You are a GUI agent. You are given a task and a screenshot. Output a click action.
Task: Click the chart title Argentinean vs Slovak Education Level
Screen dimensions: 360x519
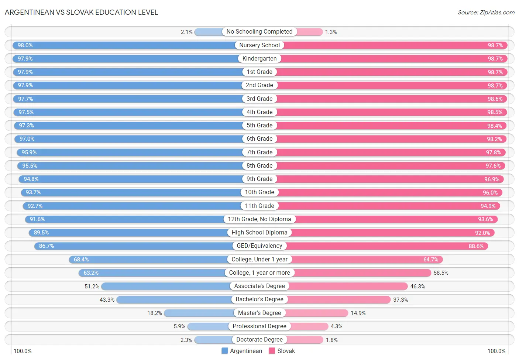click(x=81, y=12)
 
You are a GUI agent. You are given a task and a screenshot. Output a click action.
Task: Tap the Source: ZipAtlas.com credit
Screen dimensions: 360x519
click(x=486, y=13)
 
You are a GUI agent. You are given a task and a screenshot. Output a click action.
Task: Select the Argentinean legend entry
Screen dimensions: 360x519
click(x=242, y=351)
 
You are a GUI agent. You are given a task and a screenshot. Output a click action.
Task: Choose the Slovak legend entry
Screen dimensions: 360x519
click(x=282, y=351)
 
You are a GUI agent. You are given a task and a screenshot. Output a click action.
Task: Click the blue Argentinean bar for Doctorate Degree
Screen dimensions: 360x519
click(x=213, y=340)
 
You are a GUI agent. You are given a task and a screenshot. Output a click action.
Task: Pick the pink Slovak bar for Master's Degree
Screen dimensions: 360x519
click(x=317, y=313)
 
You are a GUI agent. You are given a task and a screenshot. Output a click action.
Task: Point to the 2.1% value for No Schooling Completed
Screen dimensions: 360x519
click(x=186, y=32)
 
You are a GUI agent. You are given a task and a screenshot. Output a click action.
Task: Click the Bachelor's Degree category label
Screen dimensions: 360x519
click(x=259, y=299)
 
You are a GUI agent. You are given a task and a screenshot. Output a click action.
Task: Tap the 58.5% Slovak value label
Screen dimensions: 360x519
click(x=441, y=273)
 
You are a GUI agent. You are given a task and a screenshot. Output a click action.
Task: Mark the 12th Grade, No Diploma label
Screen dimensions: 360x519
click(x=259, y=219)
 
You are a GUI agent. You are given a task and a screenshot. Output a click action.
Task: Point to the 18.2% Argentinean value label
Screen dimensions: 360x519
click(x=154, y=313)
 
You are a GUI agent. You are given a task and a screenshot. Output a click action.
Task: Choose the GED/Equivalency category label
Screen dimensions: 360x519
click(x=259, y=246)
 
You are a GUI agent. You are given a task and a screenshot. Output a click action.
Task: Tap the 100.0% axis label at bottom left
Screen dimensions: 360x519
click(x=23, y=351)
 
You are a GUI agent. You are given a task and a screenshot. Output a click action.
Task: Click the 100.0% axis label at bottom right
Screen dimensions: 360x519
click(x=496, y=351)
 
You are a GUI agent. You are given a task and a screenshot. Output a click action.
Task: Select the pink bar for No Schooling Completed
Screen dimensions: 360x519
click(x=309, y=32)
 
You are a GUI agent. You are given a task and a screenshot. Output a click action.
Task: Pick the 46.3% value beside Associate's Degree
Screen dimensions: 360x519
click(x=417, y=287)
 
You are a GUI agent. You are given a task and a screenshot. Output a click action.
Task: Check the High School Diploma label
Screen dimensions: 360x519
click(x=259, y=233)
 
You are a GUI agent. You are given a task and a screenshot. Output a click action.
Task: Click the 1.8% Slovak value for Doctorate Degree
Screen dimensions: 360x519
click(x=331, y=340)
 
